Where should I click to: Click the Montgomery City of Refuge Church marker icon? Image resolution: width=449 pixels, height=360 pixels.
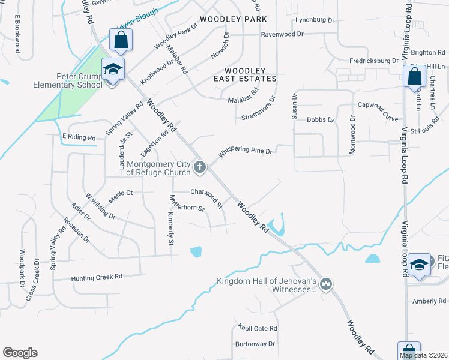coord(199,166)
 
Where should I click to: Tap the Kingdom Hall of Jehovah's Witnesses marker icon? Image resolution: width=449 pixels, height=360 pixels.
coord(326,283)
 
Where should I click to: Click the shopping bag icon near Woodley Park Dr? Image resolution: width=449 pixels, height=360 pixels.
coord(121,41)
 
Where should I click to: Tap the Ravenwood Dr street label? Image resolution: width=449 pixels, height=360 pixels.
coord(282,35)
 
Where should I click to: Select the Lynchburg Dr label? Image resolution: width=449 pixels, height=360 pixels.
coord(315,20)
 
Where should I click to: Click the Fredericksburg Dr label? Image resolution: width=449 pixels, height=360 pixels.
coord(374,61)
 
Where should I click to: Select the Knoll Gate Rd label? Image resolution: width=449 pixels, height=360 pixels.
coord(257,328)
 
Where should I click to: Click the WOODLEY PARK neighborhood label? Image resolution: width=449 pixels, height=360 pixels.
coord(233,20)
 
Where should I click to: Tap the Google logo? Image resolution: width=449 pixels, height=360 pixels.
coord(20,353)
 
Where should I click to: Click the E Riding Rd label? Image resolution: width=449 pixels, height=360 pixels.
coord(79,137)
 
